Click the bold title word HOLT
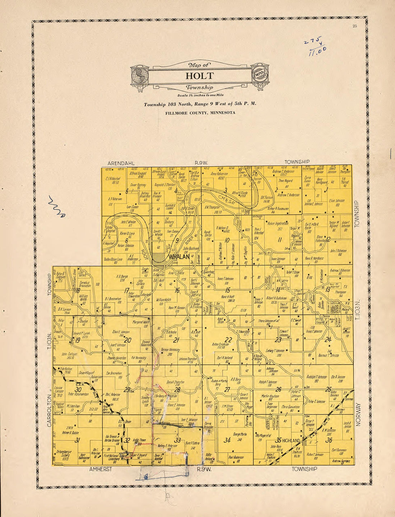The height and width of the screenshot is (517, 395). pos(199,76)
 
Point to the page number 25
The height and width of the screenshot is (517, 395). pos(355,25)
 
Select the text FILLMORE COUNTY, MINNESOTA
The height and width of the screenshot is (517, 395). pos(200,112)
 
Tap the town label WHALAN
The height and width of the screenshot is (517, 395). pos(179,257)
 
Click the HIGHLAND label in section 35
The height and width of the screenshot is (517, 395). pos(291,440)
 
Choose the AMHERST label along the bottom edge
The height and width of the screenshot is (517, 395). pos(101,469)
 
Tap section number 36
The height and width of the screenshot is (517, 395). pos(329,440)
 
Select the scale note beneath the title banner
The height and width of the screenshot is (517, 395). pos(200,96)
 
